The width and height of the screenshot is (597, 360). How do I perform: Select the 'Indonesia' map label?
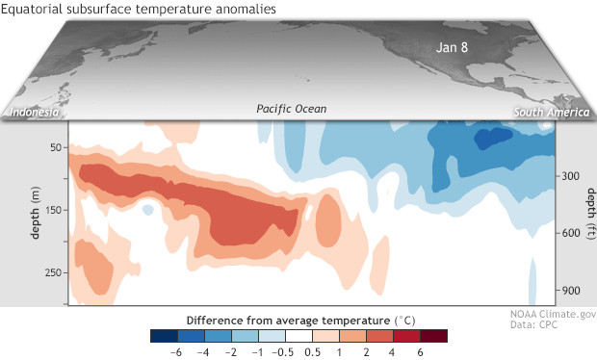click(x=36, y=114)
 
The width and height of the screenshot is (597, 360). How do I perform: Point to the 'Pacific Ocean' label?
click(x=292, y=110)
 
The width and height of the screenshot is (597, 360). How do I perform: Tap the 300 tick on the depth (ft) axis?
click(x=568, y=176)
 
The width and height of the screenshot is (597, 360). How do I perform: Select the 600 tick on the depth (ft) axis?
click(x=568, y=233)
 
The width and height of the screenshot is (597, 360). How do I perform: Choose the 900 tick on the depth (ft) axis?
click(x=568, y=290)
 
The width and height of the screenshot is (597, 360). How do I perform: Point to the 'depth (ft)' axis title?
click(x=586, y=220)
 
